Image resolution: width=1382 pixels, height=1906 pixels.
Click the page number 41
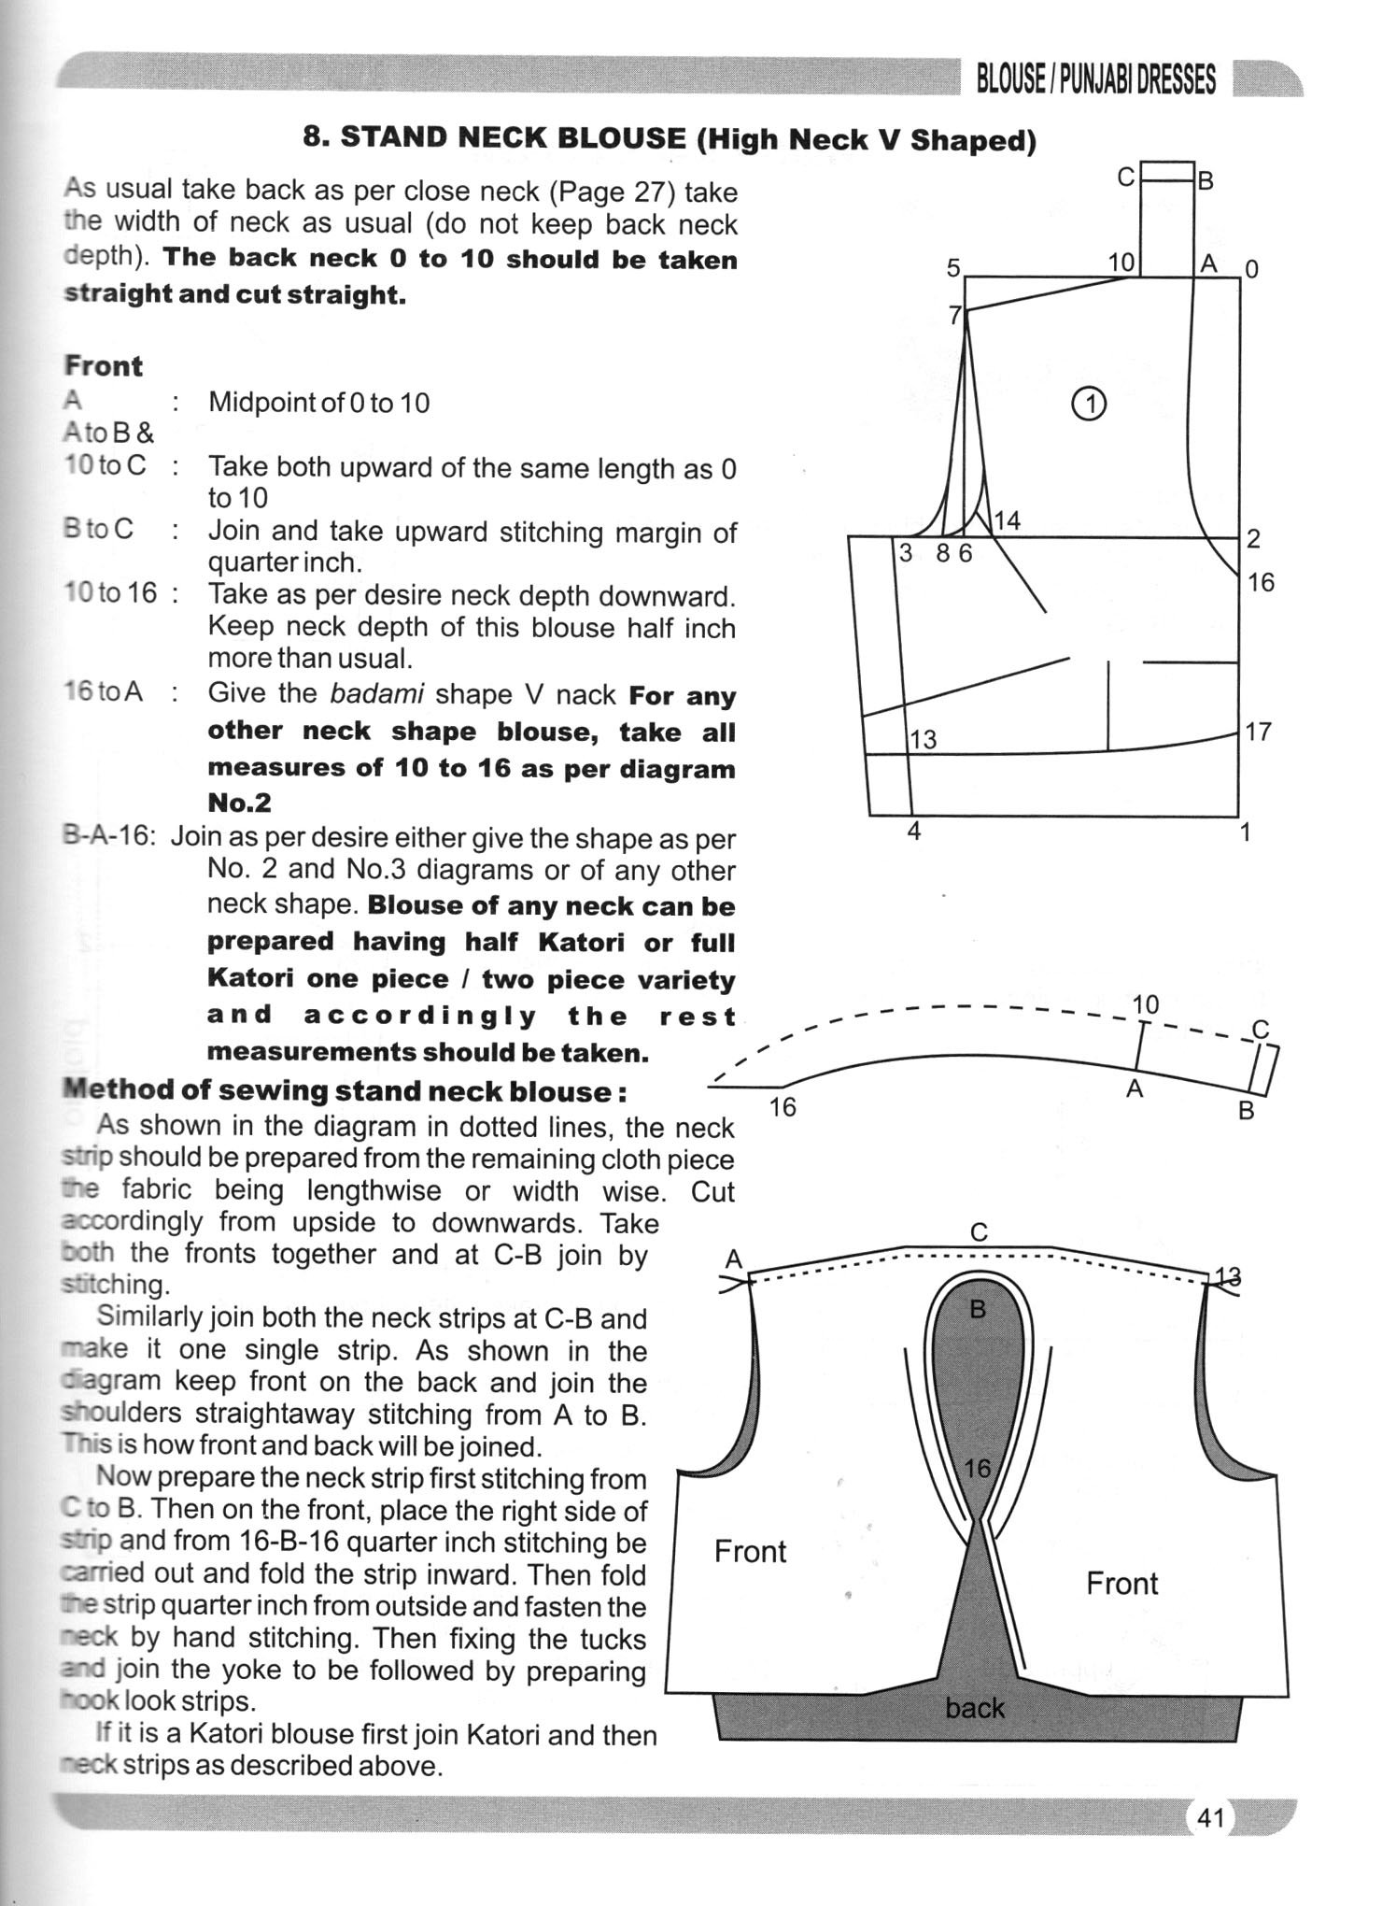tap(1209, 1817)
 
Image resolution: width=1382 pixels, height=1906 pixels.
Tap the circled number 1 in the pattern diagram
tap(1089, 404)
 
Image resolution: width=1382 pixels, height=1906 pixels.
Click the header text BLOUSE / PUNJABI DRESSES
tap(1095, 80)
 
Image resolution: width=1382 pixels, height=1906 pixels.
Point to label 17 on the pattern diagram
tap(1258, 731)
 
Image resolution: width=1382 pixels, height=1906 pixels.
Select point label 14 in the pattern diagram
tap(1007, 520)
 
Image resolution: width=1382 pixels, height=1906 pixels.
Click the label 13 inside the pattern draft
tap(923, 740)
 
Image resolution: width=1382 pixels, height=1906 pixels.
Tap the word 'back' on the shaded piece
tap(974, 1707)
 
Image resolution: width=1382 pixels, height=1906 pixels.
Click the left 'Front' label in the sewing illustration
tap(750, 1552)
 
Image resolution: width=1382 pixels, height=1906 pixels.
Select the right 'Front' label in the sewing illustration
tap(1121, 1584)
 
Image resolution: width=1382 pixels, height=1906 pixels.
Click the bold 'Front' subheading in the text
tap(103, 365)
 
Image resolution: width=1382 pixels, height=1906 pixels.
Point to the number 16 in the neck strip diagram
tap(782, 1107)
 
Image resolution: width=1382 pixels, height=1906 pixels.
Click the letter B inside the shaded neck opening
tap(978, 1309)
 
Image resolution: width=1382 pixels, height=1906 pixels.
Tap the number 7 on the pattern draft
tap(954, 316)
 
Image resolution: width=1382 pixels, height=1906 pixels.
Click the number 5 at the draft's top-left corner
tap(952, 268)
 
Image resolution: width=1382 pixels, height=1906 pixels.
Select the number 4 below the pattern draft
tap(914, 831)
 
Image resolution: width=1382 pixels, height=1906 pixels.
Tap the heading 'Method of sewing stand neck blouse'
tap(344, 1090)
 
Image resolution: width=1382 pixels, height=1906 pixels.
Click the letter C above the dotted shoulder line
tap(979, 1232)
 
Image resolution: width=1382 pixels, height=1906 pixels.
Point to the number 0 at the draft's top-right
tap(1252, 269)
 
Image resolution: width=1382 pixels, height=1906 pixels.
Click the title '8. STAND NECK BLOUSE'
tap(495, 138)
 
